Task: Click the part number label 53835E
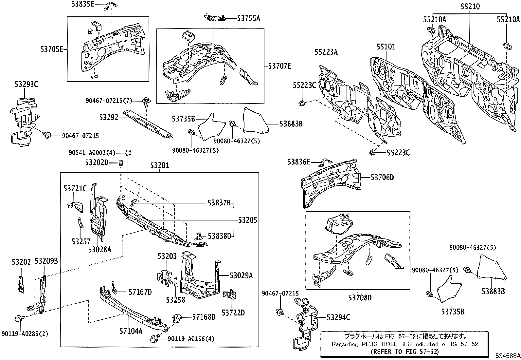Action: click(83, 4)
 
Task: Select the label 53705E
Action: click(52, 49)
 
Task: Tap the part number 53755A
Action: click(248, 18)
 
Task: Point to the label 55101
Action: click(386, 47)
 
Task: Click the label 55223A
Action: click(326, 52)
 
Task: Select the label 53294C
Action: click(338, 317)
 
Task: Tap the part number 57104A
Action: click(131, 331)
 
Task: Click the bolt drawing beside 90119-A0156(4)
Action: click(154, 339)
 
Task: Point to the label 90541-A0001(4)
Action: click(92, 153)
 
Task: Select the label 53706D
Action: click(382, 178)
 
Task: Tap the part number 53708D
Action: click(360, 298)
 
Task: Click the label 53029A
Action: click(241, 275)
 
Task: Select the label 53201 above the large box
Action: click(160, 165)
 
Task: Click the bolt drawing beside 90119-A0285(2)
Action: click(18, 318)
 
